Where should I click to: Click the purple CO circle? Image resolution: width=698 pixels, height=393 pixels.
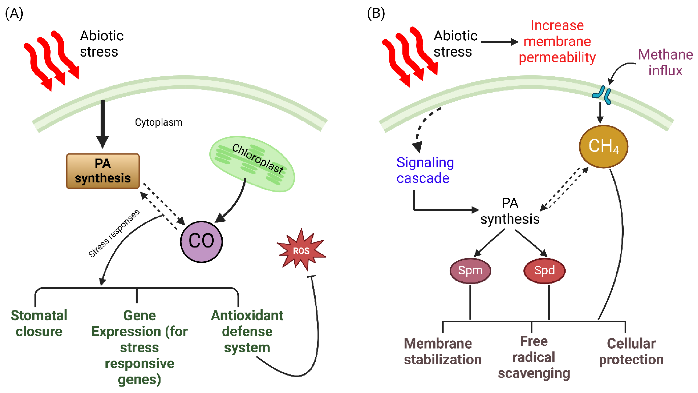click(x=201, y=241)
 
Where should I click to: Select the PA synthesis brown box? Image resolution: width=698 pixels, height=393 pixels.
click(x=103, y=171)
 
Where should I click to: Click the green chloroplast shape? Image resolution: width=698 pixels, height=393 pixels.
click(x=252, y=164)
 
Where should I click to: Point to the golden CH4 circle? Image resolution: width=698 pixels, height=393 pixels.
click(x=603, y=146)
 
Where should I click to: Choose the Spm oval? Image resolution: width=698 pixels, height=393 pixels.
click(x=470, y=270)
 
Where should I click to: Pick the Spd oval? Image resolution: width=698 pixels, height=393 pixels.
click(x=544, y=270)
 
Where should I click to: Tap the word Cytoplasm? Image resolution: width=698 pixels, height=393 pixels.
click(x=158, y=122)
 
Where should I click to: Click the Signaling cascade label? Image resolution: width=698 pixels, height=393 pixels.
click(x=425, y=170)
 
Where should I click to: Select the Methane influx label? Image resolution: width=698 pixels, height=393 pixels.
click(x=665, y=62)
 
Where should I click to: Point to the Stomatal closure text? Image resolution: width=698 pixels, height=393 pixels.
click(x=39, y=323)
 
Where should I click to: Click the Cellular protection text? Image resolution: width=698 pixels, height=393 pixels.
click(x=631, y=351)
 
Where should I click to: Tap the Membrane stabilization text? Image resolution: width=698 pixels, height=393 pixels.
click(x=443, y=351)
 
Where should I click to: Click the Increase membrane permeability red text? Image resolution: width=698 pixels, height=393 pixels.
click(x=557, y=42)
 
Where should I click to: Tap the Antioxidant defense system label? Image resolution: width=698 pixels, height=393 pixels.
click(x=247, y=331)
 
